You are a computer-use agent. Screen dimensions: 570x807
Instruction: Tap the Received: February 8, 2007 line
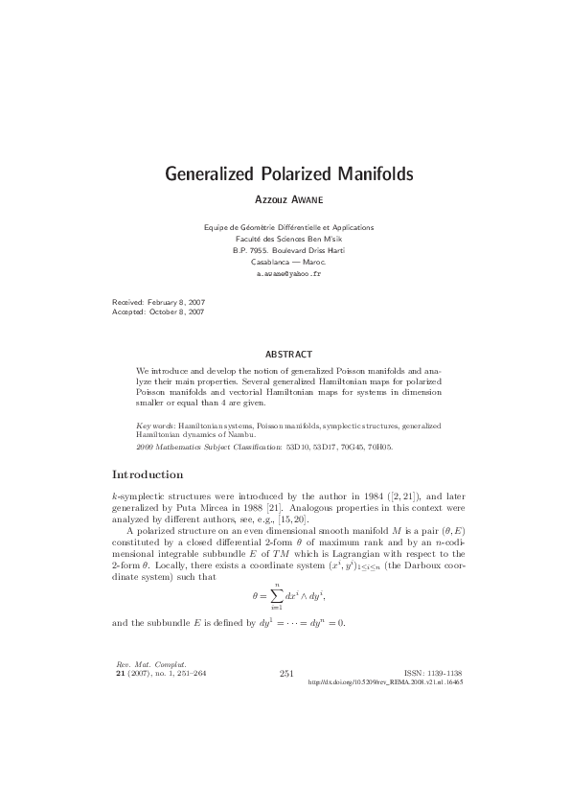pyautogui.click(x=158, y=302)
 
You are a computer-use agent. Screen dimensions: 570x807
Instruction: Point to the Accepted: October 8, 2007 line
pyautogui.click(x=158, y=312)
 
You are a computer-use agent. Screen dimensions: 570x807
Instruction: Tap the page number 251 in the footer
pyautogui.click(x=285, y=673)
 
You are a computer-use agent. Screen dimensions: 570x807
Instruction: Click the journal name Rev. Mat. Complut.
pyautogui.click(x=137, y=664)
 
